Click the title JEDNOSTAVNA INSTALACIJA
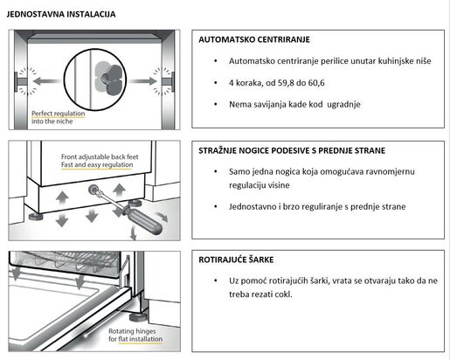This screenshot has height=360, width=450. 60,15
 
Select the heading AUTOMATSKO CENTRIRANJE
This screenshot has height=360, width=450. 254,40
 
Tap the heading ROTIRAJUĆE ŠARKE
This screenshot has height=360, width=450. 242,260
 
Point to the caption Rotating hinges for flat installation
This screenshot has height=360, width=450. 138,336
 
